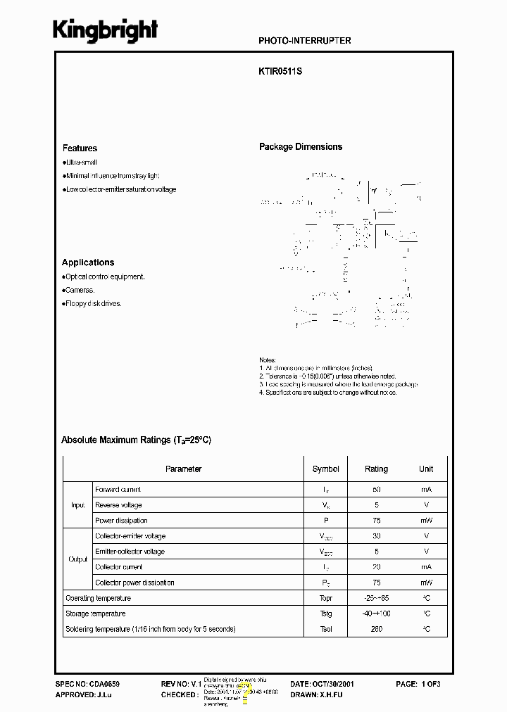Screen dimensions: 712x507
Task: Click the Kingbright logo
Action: pos(106,30)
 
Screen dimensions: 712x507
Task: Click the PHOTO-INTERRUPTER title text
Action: pos(305,41)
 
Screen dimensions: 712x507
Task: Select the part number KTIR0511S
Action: pos(280,71)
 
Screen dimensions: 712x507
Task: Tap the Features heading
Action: pos(80,148)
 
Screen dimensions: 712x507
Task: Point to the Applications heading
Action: pos(87,262)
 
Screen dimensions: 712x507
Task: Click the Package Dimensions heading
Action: pos(301,147)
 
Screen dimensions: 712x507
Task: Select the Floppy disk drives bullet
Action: pos(93,304)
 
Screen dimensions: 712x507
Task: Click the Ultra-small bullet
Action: pos(80,163)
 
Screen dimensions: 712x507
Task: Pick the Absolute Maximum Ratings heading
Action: pos(136,440)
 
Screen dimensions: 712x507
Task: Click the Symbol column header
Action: pos(325,469)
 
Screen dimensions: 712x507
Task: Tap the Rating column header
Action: pos(376,469)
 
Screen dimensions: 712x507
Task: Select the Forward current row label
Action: pos(118,490)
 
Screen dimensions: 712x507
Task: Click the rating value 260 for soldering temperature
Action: pos(376,629)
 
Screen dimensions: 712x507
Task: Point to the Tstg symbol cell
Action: pos(325,614)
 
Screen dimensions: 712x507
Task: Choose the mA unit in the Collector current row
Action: pos(426,567)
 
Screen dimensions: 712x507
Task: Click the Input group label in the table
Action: pos(77,505)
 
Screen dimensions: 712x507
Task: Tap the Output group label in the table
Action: pos(77,559)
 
